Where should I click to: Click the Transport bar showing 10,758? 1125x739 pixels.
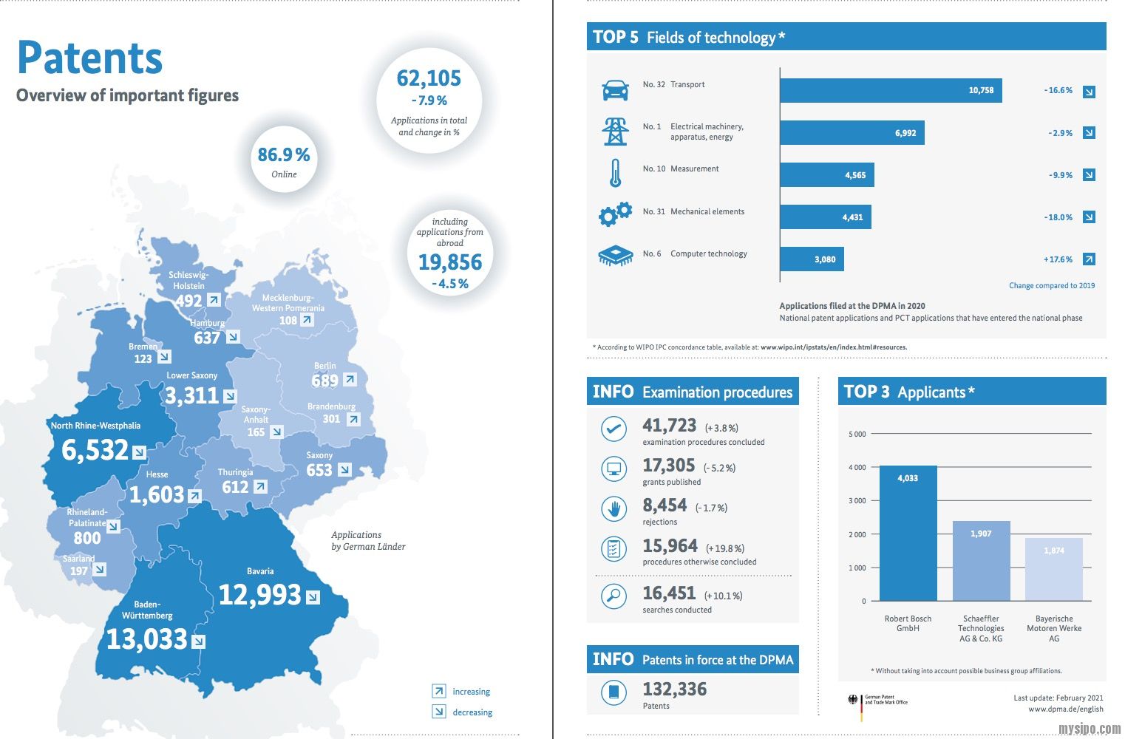pos(890,90)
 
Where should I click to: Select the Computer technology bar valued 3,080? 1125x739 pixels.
pos(812,259)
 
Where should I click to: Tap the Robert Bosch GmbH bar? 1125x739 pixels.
pos(908,533)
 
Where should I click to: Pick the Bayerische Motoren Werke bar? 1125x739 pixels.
pos(1053,569)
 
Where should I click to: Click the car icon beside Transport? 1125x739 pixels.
pos(615,90)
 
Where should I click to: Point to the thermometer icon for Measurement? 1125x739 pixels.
pos(615,174)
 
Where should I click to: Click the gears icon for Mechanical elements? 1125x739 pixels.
pos(615,214)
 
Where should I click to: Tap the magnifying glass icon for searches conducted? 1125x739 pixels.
pos(614,596)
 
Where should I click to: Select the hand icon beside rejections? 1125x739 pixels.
pos(614,508)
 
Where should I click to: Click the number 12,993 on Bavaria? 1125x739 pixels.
pos(260,595)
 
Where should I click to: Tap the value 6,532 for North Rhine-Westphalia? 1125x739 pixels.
pos(95,450)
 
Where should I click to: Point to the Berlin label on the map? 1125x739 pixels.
pos(324,366)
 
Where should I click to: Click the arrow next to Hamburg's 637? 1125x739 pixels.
pos(233,337)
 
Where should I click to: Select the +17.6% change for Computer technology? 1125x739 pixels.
pos(1058,259)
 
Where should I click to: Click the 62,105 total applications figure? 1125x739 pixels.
pos(429,78)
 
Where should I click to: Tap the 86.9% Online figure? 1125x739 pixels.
pos(284,155)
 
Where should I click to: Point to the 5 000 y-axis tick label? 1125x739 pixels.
pos(857,434)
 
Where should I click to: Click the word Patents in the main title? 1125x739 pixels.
pos(89,58)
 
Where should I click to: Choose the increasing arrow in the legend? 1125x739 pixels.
pos(439,691)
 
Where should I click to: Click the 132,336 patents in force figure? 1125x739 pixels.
pos(674,689)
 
